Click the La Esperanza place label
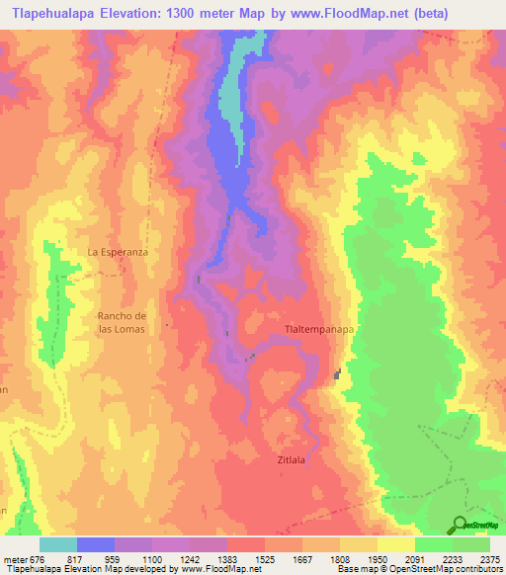click(118, 252)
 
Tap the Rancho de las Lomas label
click(122, 321)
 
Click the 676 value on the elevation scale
click(37, 559)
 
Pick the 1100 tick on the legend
click(151, 559)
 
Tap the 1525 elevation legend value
click(264, 559)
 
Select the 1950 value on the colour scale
click(377, 559)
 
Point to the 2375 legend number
click(489, 559)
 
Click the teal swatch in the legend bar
click(57, 544)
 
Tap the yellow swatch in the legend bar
click(395, 544)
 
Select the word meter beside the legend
click(15, 559)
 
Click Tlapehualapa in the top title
click(50, 14)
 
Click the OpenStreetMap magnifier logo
click(460, 525)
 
